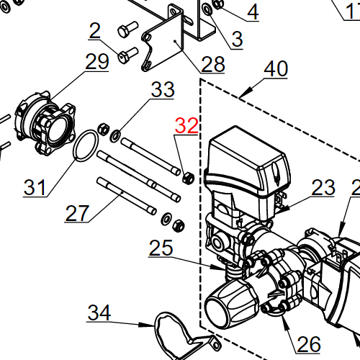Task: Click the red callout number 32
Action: click(x=186, y=126)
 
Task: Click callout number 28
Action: click(x=213, y=65)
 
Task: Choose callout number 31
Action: click(x=35, y=188)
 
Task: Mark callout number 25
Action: click(x=161, y=248)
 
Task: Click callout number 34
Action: click(x=99, y=313)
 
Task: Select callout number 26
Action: click(x=308, y=344)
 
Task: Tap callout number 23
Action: click(x=323, y=188)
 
